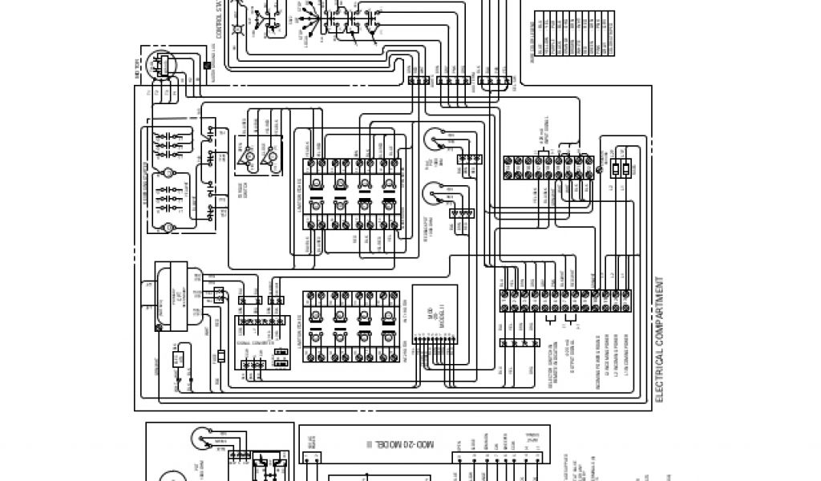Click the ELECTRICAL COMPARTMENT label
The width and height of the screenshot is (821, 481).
coord(661,340)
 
